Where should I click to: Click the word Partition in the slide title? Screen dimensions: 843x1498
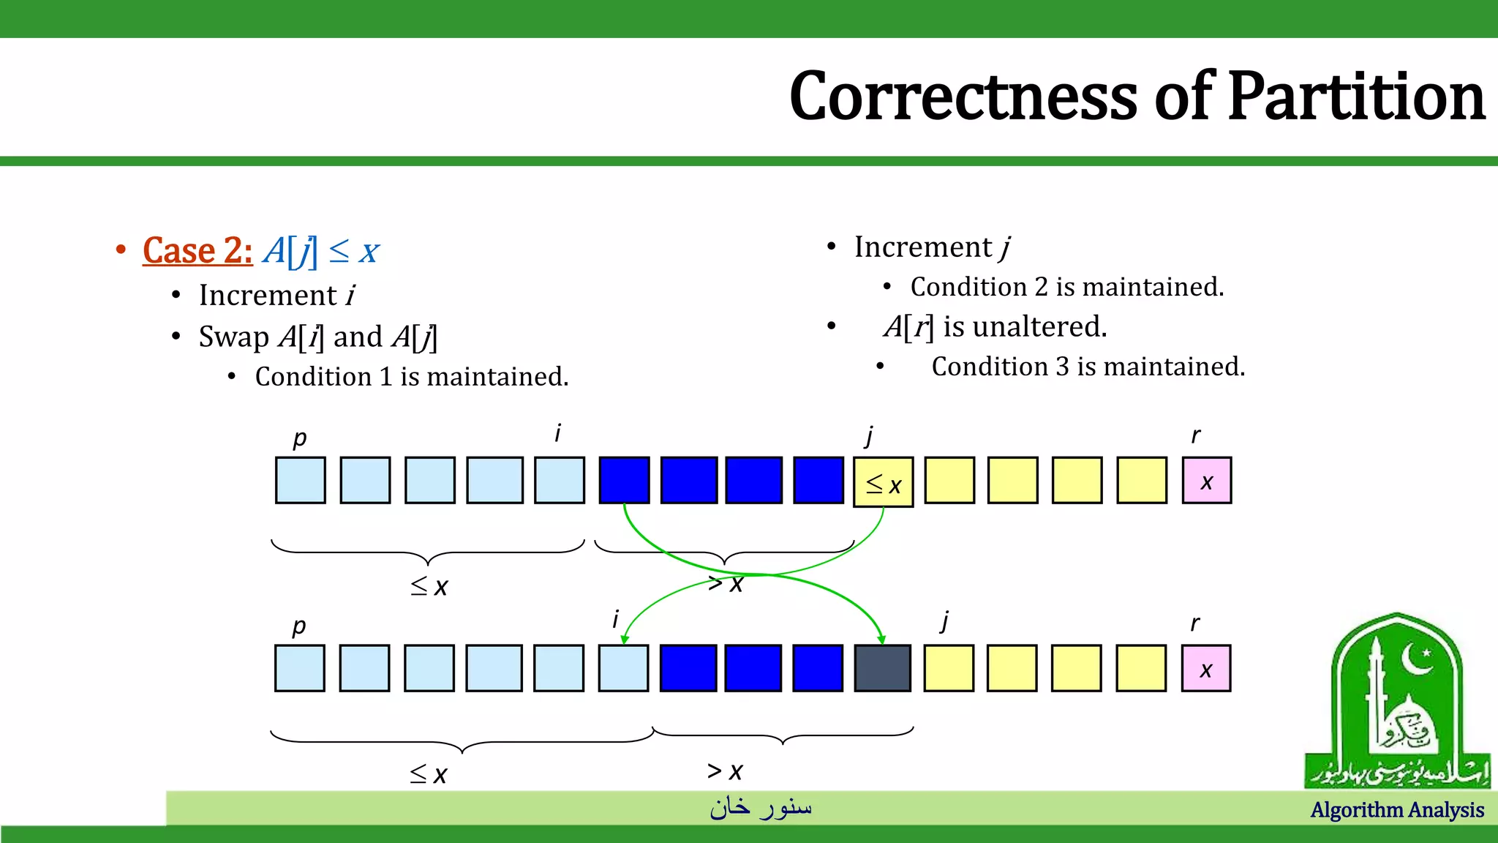(1357, 97)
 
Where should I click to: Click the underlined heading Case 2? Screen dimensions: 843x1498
(197, 251)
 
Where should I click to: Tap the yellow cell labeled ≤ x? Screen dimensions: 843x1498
(883, 482)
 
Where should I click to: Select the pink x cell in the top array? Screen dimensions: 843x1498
(1206, 481)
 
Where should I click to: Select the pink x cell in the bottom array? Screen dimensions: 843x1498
(1205, 668)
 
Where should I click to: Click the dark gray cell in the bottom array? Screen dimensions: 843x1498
(882, 668)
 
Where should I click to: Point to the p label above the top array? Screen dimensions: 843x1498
(299, 438)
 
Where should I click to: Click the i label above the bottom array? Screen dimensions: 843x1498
(615, 620)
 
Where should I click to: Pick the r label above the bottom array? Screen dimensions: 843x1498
(1194, 623)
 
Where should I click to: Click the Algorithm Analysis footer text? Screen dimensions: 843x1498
(1397, 810)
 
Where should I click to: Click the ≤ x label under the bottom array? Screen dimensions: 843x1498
(429, 773)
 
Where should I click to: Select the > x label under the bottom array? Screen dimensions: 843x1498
(725, 771)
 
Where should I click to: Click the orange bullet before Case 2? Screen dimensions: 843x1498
(121, 250)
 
